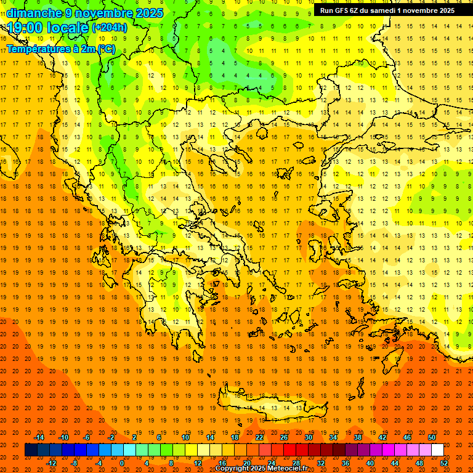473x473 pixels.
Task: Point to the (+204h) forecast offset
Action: point(110,28)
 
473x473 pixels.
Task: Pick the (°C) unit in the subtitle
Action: point(105,49)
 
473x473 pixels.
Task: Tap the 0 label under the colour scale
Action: point(122,463)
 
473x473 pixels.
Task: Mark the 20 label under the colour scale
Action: point(247,463)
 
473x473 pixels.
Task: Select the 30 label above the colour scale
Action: point(308,437)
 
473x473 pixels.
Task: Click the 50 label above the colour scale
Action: point(431,437)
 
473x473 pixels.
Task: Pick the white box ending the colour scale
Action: point(437,450)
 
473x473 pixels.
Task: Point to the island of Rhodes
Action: point(394,356)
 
